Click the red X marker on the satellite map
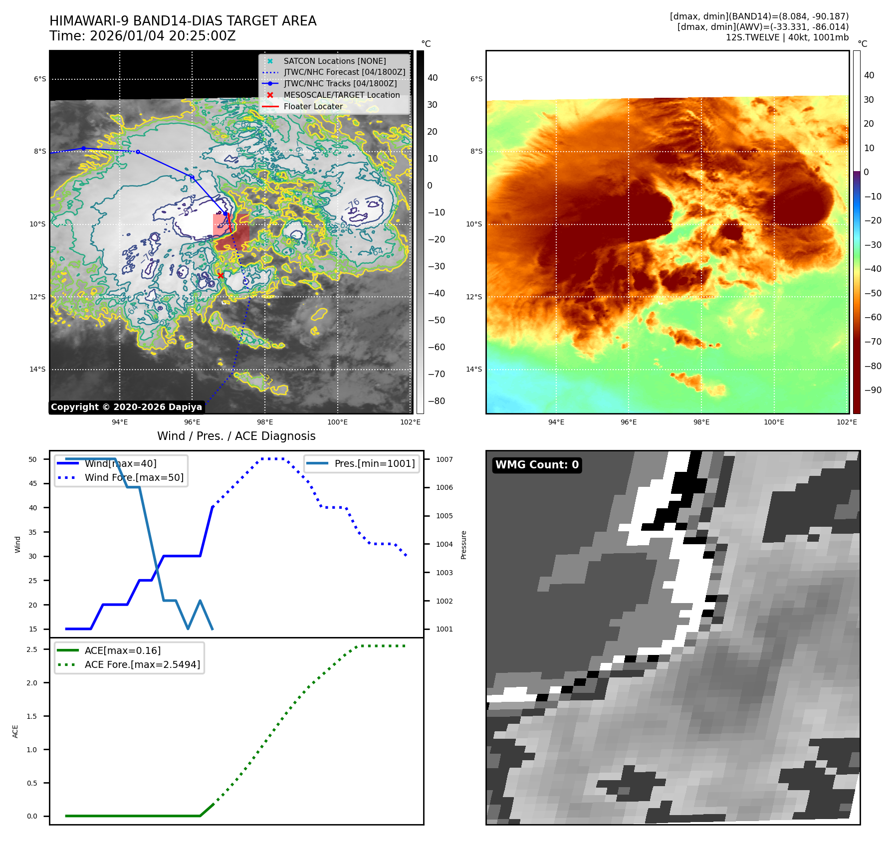pos(221,275)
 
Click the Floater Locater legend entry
pos(313,106)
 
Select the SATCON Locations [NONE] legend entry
pos(334,61)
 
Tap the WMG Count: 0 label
pos(537,465)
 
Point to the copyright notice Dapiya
pos(126,407)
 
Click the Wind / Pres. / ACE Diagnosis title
pos(236,436)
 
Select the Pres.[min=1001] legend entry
pos(374,463)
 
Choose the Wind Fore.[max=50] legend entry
pos(134,477)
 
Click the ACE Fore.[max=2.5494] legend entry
pos(142,664)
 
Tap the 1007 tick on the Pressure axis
pos(444,459)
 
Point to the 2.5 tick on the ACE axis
pos(32,649)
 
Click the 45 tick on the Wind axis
pos(33,483)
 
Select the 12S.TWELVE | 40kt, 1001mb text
pos(787,37)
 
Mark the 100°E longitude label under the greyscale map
pos(337,422)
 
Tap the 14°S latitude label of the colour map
pos(474,369)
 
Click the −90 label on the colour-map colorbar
pos(873,390)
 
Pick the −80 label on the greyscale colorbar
pos(436,401)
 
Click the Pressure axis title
pos(463,545)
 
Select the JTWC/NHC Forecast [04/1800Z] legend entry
pos(344,72)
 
